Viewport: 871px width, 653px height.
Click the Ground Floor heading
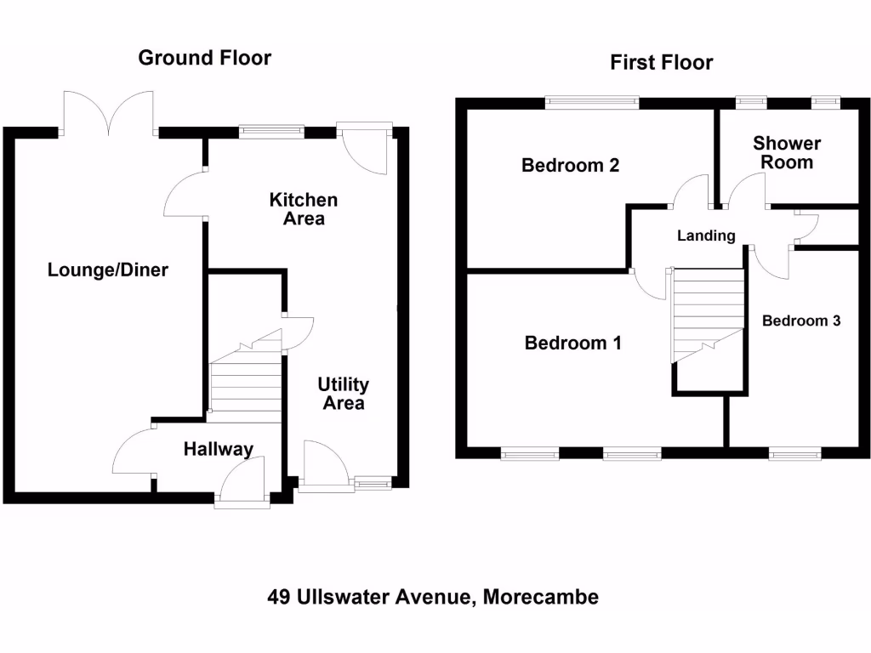205,58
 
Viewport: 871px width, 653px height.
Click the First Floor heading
661,63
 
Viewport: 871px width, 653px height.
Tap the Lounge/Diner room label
108,270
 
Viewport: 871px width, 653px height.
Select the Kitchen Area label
304,209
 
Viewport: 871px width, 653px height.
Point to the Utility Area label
344,394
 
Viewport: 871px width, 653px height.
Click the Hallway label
219,449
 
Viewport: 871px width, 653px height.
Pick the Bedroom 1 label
573,343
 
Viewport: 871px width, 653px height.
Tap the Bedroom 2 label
570,165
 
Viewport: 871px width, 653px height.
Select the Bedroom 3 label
801,321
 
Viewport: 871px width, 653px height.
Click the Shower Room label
787,153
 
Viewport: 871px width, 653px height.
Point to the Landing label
706,236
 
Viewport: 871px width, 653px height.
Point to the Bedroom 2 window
592,103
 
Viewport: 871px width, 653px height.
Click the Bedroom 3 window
795,455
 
